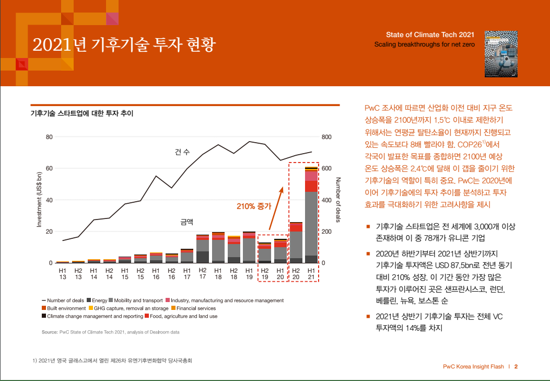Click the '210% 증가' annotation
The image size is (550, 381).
pyautogui.click(x=254, y=206)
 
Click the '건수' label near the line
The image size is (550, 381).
pyautogui.click(x=182, y=152)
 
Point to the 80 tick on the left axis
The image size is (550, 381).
pyautogui.click(x=50, y=137)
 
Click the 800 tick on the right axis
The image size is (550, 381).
pyautogui.click(x=326, y=137)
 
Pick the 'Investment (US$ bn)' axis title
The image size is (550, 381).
pyautogui.click(x=39, y=200)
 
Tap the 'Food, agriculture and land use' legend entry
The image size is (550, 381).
pyautogui.click(x=183, y=316)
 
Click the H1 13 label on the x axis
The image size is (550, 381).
pyautogui.click(x=63, y=273)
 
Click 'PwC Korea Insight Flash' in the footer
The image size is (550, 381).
pyautogui.click(x=473, y=366)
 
